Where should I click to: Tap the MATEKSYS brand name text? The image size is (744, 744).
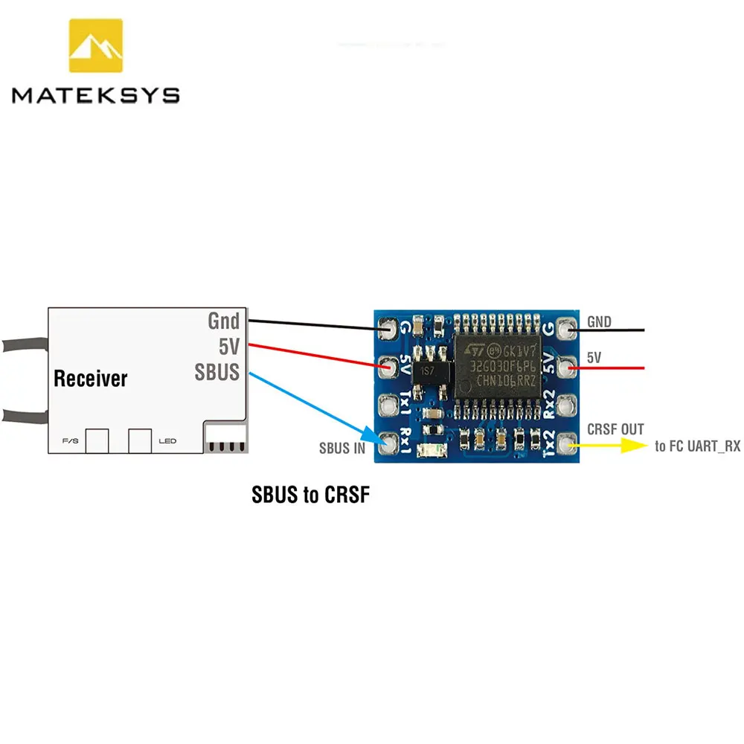(x=95, y=95)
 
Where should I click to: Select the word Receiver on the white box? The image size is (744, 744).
(x=91, y=379)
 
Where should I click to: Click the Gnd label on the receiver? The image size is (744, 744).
(x=223, y=321)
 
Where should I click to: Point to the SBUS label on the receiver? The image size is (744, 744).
(x=217, y=371)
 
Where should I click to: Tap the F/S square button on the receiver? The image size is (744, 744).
(x=97, y=440)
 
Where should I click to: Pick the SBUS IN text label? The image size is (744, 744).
(x=342, y=449)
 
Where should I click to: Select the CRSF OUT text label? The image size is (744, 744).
(x=615, y=429)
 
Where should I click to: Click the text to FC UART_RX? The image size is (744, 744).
(x=697, y=446)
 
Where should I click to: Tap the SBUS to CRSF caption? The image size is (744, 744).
(x=310, y=495)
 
